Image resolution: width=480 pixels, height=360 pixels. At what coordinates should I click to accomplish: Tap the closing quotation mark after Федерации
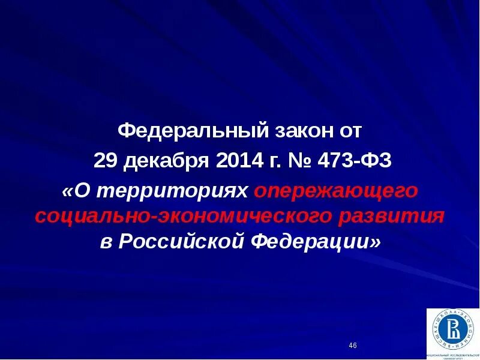click(376, 242)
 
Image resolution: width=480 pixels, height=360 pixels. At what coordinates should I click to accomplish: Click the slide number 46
click(352, 346)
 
